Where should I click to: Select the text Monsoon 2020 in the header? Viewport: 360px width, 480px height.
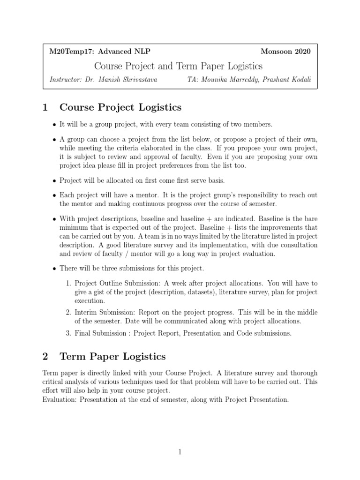(285, 52)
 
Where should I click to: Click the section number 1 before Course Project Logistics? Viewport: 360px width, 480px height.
(45, 108)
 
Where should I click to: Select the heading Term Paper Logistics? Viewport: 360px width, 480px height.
(112, 357)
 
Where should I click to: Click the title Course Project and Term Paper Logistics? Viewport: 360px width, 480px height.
(179, 66)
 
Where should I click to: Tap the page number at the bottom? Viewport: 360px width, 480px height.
(180, 452)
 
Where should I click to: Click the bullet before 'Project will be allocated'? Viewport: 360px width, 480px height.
(54, 180)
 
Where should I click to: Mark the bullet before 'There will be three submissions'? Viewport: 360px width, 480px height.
(54, 269)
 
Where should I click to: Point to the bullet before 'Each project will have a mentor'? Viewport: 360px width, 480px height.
(54, 195)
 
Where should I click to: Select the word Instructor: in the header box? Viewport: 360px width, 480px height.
(66, 80)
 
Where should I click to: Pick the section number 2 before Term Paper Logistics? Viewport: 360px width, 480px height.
(45, 357)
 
